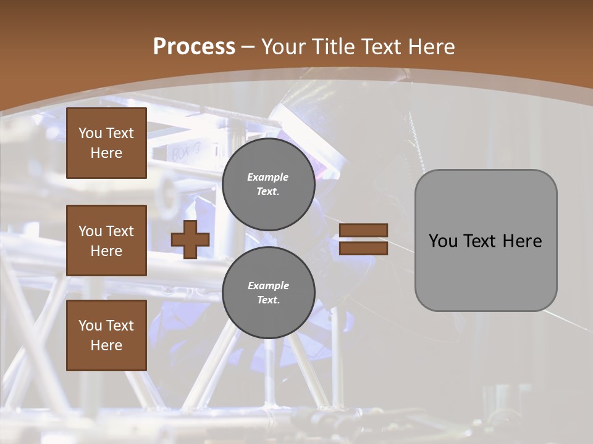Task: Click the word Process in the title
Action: click(x=194, y=47)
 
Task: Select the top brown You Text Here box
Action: click(x=106, y=143)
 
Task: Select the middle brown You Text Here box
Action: click(x=106, y=240)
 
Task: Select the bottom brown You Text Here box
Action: click(x=106, y=335)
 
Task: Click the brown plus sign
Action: click(x=190, y=239)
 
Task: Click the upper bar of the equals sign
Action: click(x=364, y=230)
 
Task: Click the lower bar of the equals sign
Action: click(x=364, y=249)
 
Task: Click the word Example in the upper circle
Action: click(x=267, y=177)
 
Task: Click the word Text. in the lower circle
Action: click(x=268, y=300)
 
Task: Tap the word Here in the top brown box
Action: click(x=106, y=153)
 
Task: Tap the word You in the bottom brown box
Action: click(x=90, y=326)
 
